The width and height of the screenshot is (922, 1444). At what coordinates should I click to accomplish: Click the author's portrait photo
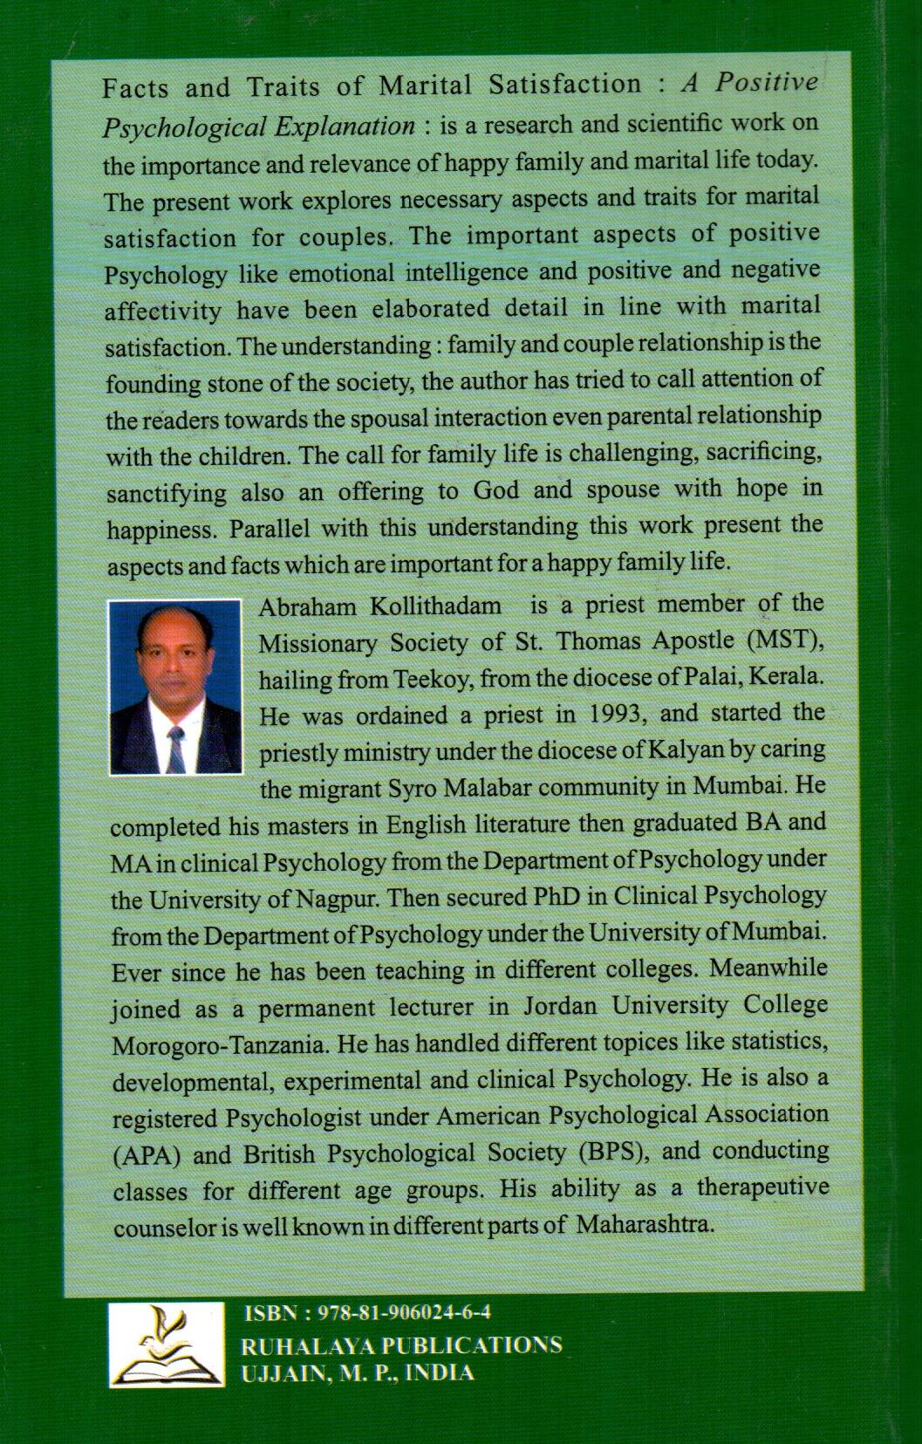click(x=174, y=687)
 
